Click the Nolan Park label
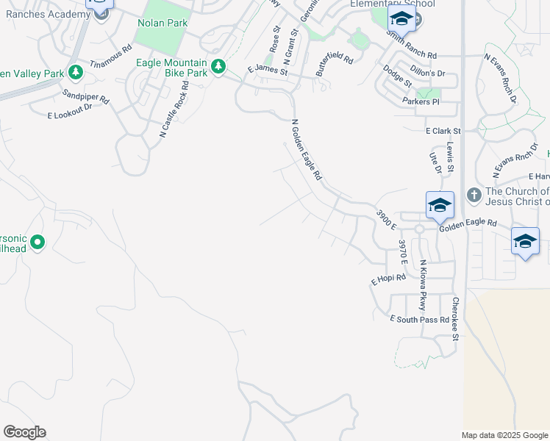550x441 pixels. (162, 23)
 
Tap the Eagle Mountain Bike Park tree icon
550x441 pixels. (218, 68)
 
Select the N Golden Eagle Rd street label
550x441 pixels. (307, 151)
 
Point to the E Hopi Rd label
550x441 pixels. (388, 279)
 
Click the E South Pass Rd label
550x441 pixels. (420, 319)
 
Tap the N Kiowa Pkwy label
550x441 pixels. (423, 284)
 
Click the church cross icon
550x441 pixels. (474, 195)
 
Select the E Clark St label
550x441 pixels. (443, 131)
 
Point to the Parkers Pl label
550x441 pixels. (422, 101)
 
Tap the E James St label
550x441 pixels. (266, 68)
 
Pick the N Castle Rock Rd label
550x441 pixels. (174, 109)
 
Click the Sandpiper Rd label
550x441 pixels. (85, 95)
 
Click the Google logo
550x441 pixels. (24, 432)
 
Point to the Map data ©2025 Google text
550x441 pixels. (505, 435)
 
